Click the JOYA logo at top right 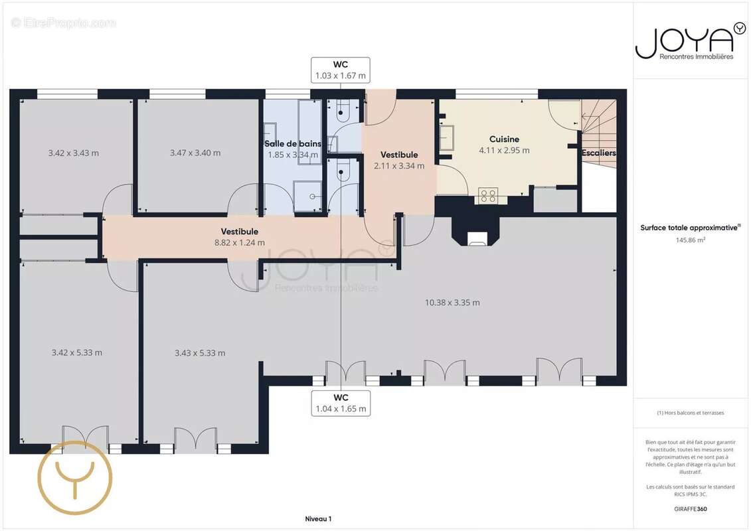tap(690, 42)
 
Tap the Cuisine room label tap(504, 139)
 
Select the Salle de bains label tap(293, 143)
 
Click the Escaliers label tap(599, 153)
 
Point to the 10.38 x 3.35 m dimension tap(452, 303)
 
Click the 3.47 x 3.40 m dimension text tap(195, 153)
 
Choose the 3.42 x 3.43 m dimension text tap(73, 153)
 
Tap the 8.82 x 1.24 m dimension tap(240, 243)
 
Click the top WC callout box tap(341, 70)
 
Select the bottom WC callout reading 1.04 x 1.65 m tap(341, 403)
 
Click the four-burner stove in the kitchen tap(488, 196)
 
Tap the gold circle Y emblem tap(75, 477)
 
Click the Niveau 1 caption tap(318, 518)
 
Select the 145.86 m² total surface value tap(690, 240)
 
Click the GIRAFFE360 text tap(690, 509)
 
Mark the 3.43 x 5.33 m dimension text tap(200, 353)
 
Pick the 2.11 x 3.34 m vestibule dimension tap(399, 166)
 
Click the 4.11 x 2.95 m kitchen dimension tap(504, 151)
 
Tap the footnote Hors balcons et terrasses tap(690, 413)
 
